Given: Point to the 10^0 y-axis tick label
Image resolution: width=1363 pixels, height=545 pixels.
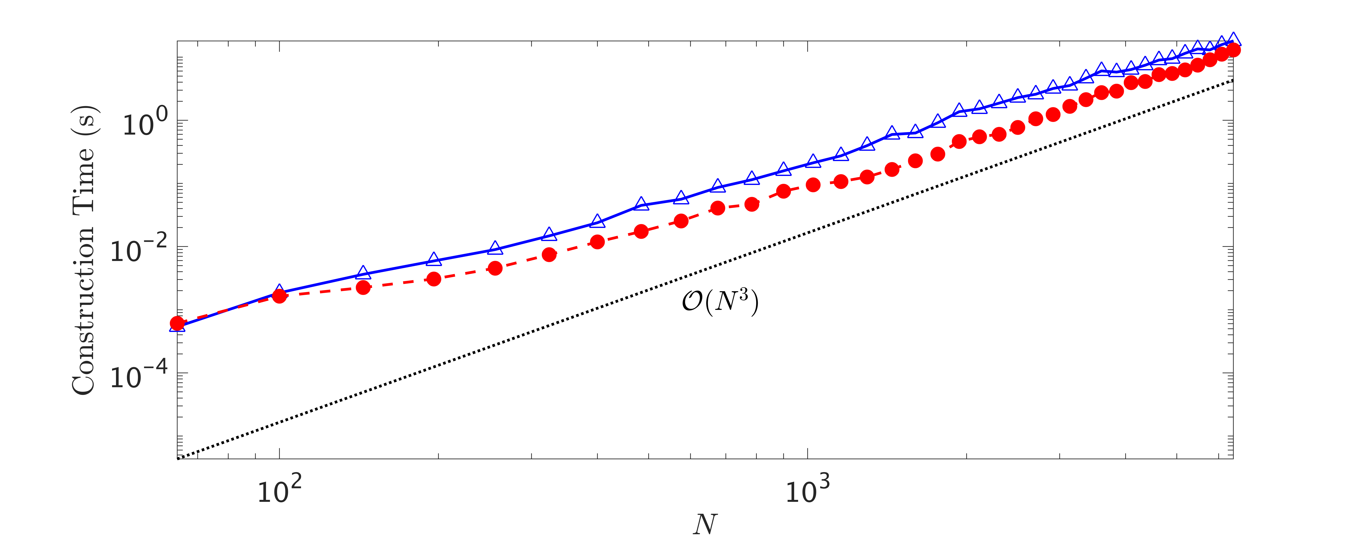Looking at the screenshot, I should [138, 125].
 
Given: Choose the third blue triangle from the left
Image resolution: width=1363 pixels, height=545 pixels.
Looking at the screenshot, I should [363, 272].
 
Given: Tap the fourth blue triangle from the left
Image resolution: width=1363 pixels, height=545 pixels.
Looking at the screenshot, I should [434, 259].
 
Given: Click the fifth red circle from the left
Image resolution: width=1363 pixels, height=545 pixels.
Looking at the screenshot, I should [495, 268].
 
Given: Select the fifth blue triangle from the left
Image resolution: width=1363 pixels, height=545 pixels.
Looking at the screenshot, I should [495, 248].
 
